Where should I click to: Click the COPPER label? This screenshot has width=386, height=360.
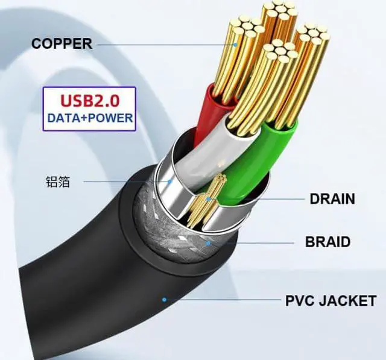[62, 43]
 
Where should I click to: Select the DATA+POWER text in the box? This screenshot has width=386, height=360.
[89, 118]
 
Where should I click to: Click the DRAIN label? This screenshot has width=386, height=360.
[332, 199]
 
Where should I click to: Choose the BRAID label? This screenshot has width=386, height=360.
[327, 242]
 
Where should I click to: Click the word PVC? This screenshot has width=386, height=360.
[301, 300]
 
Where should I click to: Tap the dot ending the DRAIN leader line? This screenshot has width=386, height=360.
[208, 199]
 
